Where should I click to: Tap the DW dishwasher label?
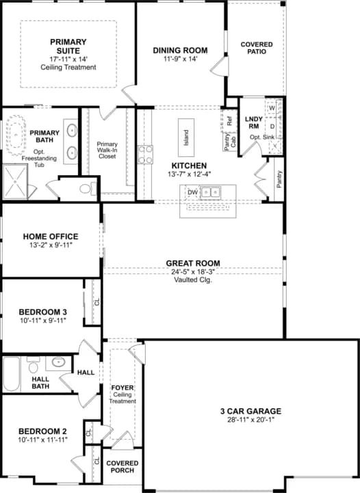pyautogui.click(x=193, y=192)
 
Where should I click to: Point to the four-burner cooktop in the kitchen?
pyautogui.click(x=145, y=155)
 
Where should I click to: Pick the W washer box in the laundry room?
pyautogui.click(x=272, y=108)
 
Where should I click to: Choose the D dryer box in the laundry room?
pyautogui.click(x=272, y=126)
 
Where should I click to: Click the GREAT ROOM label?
pyautogui.click(x=192, y=263)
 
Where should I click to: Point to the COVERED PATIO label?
pyautogui.click(x=257, y=49)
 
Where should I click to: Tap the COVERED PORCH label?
pyautogui.click(x=122, y=468)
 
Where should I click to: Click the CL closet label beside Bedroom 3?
pyautogui.click(x=97, y=301)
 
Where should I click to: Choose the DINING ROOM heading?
pyautogui.click(x=180, y=50)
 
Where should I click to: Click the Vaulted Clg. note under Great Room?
pyautogui.click(x=192, y=281)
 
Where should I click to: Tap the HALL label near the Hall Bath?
pyautogui.click(x=86, y=372)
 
